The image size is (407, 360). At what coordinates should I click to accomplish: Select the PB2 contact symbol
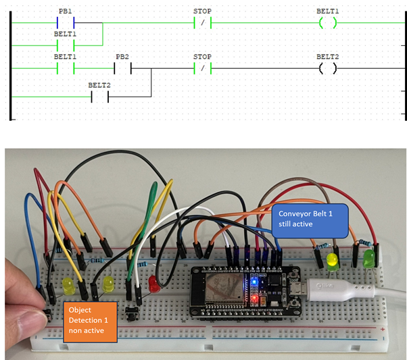pos(122,69)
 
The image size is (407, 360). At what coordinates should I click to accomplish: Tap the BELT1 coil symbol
pos(327,23)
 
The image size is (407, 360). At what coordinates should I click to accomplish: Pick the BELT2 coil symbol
pos(327,69)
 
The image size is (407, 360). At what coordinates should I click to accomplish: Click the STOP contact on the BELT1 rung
pos(202,23)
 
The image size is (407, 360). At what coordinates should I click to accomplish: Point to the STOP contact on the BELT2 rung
pos(202,69)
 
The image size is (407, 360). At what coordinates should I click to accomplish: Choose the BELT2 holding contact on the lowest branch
pos(99,97)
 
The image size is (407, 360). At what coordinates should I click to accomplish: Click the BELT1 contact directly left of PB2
pos(66,69)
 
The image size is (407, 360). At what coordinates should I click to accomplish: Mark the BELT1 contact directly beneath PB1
pos(66,45)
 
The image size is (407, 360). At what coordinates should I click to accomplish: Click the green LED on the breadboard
pos(368,257)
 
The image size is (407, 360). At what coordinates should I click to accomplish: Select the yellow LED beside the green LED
pos(332,261)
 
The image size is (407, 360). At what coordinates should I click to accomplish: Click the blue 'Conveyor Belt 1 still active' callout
pos(310,220)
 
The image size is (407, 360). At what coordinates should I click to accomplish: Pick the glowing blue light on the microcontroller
pos(253,280)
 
